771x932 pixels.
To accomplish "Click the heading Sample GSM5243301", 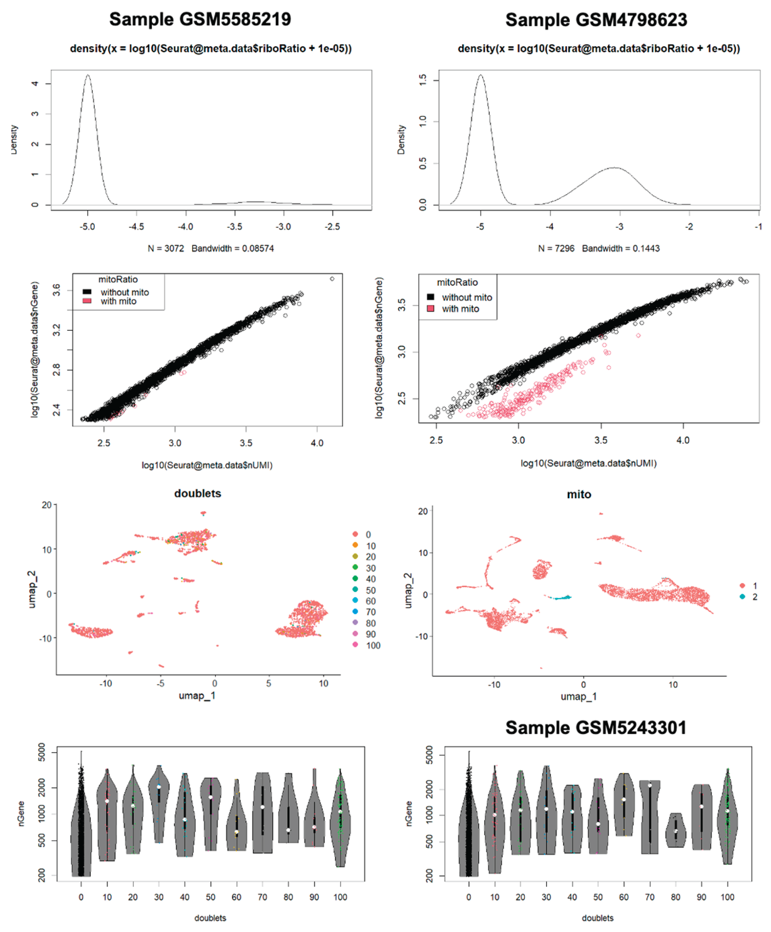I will click(595, 728).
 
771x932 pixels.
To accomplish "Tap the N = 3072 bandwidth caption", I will click(211, 249).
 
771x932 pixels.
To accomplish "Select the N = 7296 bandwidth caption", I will click(598, 249).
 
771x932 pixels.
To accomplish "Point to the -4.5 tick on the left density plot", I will click(136, 227).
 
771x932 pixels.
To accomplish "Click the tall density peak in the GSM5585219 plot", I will click(88, 76).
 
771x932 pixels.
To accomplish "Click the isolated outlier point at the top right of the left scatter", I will click(332, 279).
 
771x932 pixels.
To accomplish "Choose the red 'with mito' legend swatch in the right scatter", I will click(430, 308).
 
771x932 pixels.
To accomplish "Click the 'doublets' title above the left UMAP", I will click(197, 494).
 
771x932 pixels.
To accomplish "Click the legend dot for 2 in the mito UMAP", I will click(742, 597).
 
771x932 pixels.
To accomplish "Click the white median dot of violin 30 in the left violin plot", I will click(159, 787).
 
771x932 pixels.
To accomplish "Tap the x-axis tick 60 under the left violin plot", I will click(236, 897).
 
